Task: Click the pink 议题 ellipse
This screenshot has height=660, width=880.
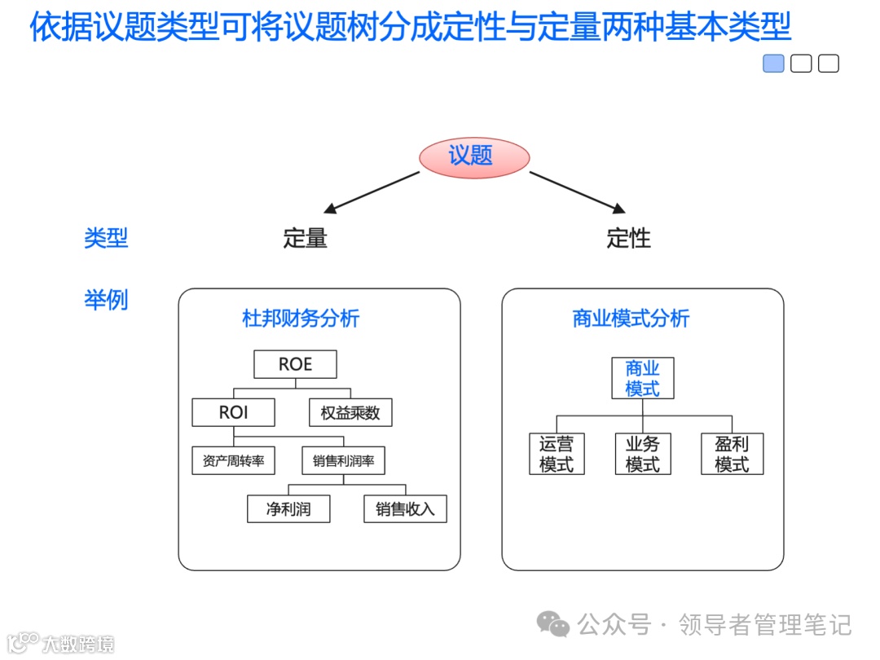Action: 474,156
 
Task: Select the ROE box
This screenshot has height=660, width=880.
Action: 295,364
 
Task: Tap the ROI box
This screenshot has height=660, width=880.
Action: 233,412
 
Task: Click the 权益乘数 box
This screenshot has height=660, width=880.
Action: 350,412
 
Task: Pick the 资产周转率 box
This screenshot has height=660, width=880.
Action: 233,460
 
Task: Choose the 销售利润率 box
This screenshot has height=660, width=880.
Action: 343,460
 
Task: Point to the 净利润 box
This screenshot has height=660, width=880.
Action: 288,509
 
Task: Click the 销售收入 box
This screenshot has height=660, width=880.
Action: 405,509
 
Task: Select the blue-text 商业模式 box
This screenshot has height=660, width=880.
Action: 643,378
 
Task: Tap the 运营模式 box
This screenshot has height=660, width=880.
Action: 557,454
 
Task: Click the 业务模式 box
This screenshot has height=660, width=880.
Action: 643,454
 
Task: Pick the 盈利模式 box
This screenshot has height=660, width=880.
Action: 732,454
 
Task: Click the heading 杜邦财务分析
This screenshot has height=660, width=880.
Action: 301,318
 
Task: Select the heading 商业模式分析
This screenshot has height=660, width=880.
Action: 631,318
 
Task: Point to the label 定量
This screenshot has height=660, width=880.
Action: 305,238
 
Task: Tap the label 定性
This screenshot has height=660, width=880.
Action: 628,238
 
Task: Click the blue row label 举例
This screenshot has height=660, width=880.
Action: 106,300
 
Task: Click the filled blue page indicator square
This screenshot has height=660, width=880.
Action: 773,64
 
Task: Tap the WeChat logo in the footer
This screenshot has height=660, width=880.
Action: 553,624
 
